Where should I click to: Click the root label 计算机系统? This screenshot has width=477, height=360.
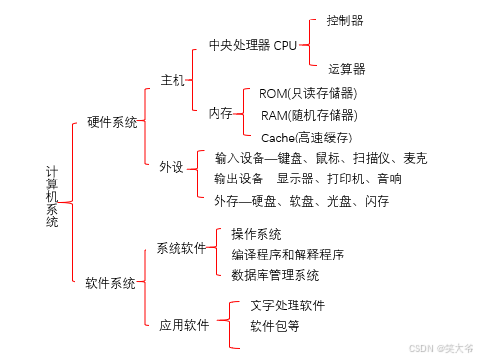[52, 196]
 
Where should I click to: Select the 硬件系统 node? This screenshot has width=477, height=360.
[111, 123]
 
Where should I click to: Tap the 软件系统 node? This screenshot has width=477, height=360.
[110, 283]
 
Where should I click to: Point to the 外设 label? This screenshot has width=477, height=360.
[172, 166]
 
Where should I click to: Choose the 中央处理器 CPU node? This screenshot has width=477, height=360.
[252, 46]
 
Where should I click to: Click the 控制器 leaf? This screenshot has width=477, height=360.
[346, 20]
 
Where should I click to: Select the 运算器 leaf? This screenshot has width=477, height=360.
[346, 68]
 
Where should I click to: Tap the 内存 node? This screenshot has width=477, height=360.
[219, 113]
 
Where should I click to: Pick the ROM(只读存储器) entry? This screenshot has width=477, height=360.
[307, 94]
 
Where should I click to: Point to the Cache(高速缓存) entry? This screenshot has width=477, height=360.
[306, 138]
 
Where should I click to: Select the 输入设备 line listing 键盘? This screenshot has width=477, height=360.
[320, 158]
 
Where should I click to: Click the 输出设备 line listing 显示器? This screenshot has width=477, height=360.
[307, 180]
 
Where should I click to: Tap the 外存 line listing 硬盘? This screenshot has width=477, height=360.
[301, 201]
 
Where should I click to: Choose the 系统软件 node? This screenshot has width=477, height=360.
[180, 248]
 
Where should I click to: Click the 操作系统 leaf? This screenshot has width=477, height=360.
[257, 234]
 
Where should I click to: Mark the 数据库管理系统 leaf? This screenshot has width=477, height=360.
[275, 275]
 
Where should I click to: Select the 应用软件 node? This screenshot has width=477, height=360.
[183, 325]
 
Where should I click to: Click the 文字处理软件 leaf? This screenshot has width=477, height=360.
[288, 305]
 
